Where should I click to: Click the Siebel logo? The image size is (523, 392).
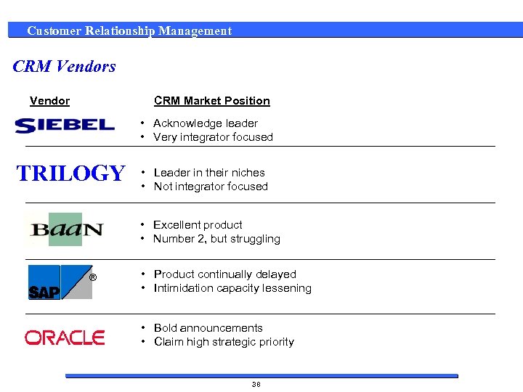point(65,125)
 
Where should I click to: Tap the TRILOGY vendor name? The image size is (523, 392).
point(70,173)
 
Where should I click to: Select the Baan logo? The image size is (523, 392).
point(66,229)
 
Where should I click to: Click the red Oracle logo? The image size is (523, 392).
point(65,337)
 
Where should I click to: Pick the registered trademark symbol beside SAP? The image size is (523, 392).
point(92,277)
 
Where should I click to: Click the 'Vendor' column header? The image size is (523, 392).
point(49,101)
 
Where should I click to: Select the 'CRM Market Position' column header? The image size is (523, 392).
point(211,101)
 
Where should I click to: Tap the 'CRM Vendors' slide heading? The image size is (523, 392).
point(65,67)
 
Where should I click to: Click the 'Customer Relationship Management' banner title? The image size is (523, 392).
point(129,30)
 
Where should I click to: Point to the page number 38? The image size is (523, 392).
point(256,384)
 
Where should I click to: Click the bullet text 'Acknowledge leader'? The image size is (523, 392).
point(206,123)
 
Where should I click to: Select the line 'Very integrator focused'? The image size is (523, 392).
point(213,137)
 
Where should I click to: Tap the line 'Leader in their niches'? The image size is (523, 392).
point(209,173)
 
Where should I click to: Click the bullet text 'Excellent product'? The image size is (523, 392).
point(198,225)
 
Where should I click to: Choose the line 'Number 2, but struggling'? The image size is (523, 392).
point(216,239)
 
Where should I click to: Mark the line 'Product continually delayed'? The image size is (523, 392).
point(225,274)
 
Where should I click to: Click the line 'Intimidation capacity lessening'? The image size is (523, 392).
point(232,288)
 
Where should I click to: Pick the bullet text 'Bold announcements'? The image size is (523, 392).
point(208,328)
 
